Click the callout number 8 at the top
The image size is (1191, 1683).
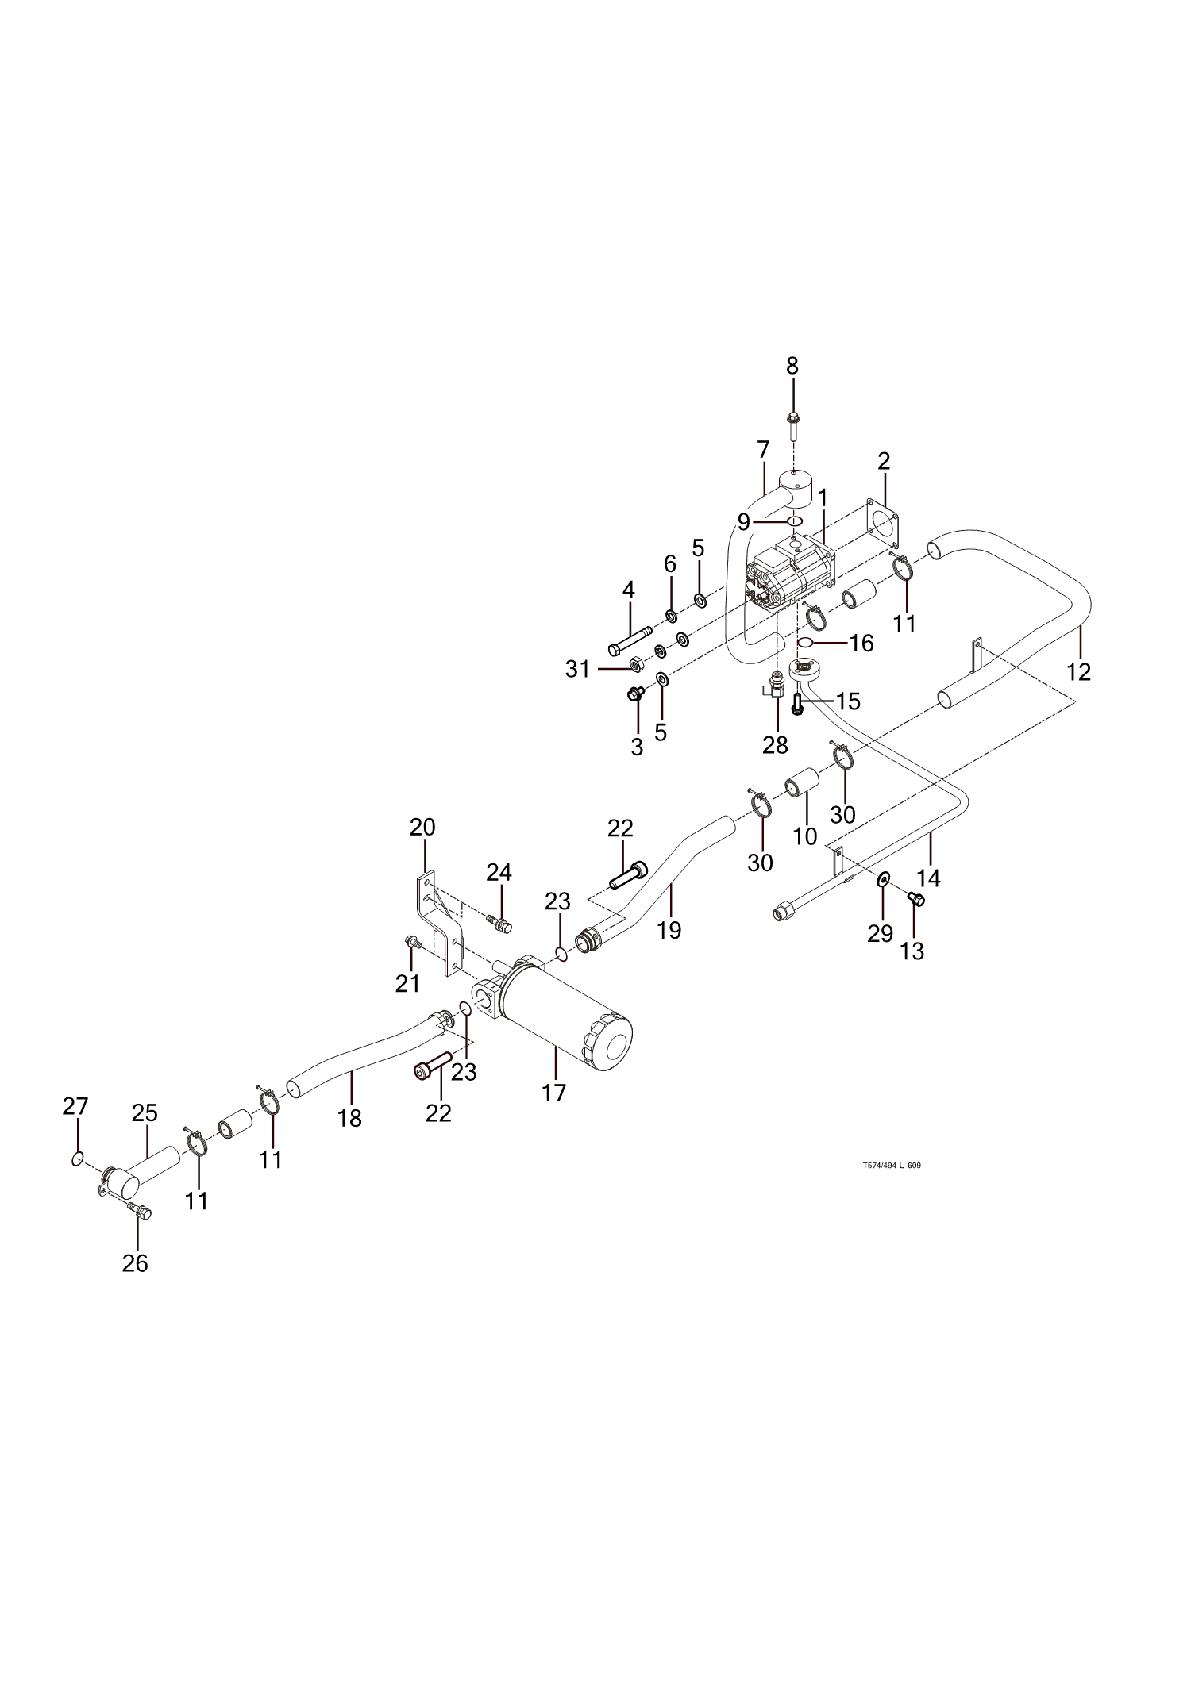792,367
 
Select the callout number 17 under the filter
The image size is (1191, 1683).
554,1093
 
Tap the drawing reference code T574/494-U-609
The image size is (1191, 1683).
892,1166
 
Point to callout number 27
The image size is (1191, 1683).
75,1106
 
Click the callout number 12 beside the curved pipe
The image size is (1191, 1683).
1078,671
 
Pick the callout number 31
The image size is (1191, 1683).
578,669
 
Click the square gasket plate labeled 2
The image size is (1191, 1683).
881,524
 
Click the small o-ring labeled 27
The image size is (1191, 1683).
77,1160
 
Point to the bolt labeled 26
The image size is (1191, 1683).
141,1211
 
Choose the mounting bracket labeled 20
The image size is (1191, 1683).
439,924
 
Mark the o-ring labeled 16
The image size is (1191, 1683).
806,641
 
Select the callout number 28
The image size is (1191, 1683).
775,745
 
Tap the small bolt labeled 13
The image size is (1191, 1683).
915,898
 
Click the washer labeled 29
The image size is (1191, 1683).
883,880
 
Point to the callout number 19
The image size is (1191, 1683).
669,930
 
